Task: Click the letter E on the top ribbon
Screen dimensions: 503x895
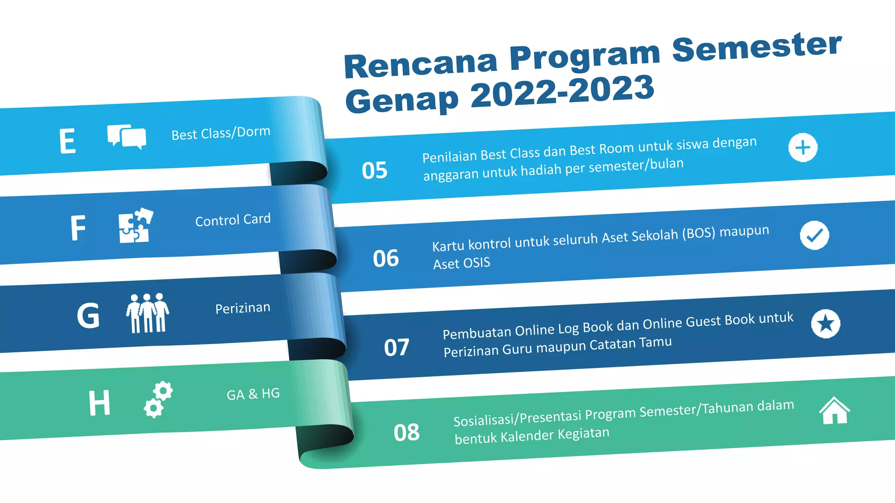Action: click(x=68, y=141)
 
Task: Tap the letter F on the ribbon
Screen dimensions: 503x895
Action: click(x=78, y=227)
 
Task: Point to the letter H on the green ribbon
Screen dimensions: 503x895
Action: click(x=99, y=403)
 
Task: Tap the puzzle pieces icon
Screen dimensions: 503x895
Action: click(x=135, y=225)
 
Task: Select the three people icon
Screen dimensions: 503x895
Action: click(x=147, y=313)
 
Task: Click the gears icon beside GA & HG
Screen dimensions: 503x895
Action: click(x=158, y=400)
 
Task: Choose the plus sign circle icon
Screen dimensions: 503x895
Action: click(x=803, y=148)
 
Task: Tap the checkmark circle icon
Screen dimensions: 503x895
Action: click(x=814, y=235)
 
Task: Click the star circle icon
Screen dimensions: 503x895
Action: click(x=826, y=324)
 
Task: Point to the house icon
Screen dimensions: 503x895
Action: click(x=834, y=410)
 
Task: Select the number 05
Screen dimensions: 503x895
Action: click(x=375, y=170)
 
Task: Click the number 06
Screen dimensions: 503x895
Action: click(x=385, y=258)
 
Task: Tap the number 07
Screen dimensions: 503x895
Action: click(x=396, y=348)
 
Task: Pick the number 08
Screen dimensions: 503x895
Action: click(x=406, y=433)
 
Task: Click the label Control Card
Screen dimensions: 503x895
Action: click(x=233, y=220)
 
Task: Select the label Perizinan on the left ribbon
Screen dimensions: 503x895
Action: click(x=243, y=308)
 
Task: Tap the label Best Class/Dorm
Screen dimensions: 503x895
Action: click(x=221, y=133)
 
